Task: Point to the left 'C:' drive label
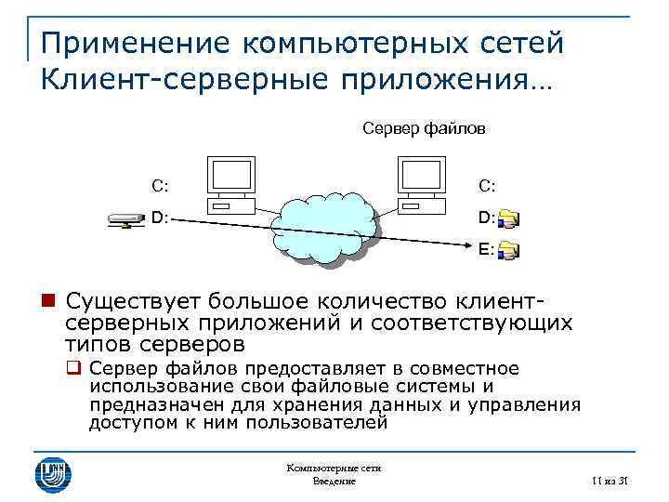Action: click(x=160, y=185)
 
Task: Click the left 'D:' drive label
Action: click(x=160, y=218)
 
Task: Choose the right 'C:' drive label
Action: click(x=487, y=185)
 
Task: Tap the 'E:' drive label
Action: click(x=486, y=249)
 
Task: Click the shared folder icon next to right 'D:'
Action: click(x=508, y=219)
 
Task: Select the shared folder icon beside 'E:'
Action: click(x=508, y=250)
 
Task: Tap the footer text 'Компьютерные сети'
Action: click(x=334, y=469)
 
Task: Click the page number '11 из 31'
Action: click(x=610, y=481)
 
